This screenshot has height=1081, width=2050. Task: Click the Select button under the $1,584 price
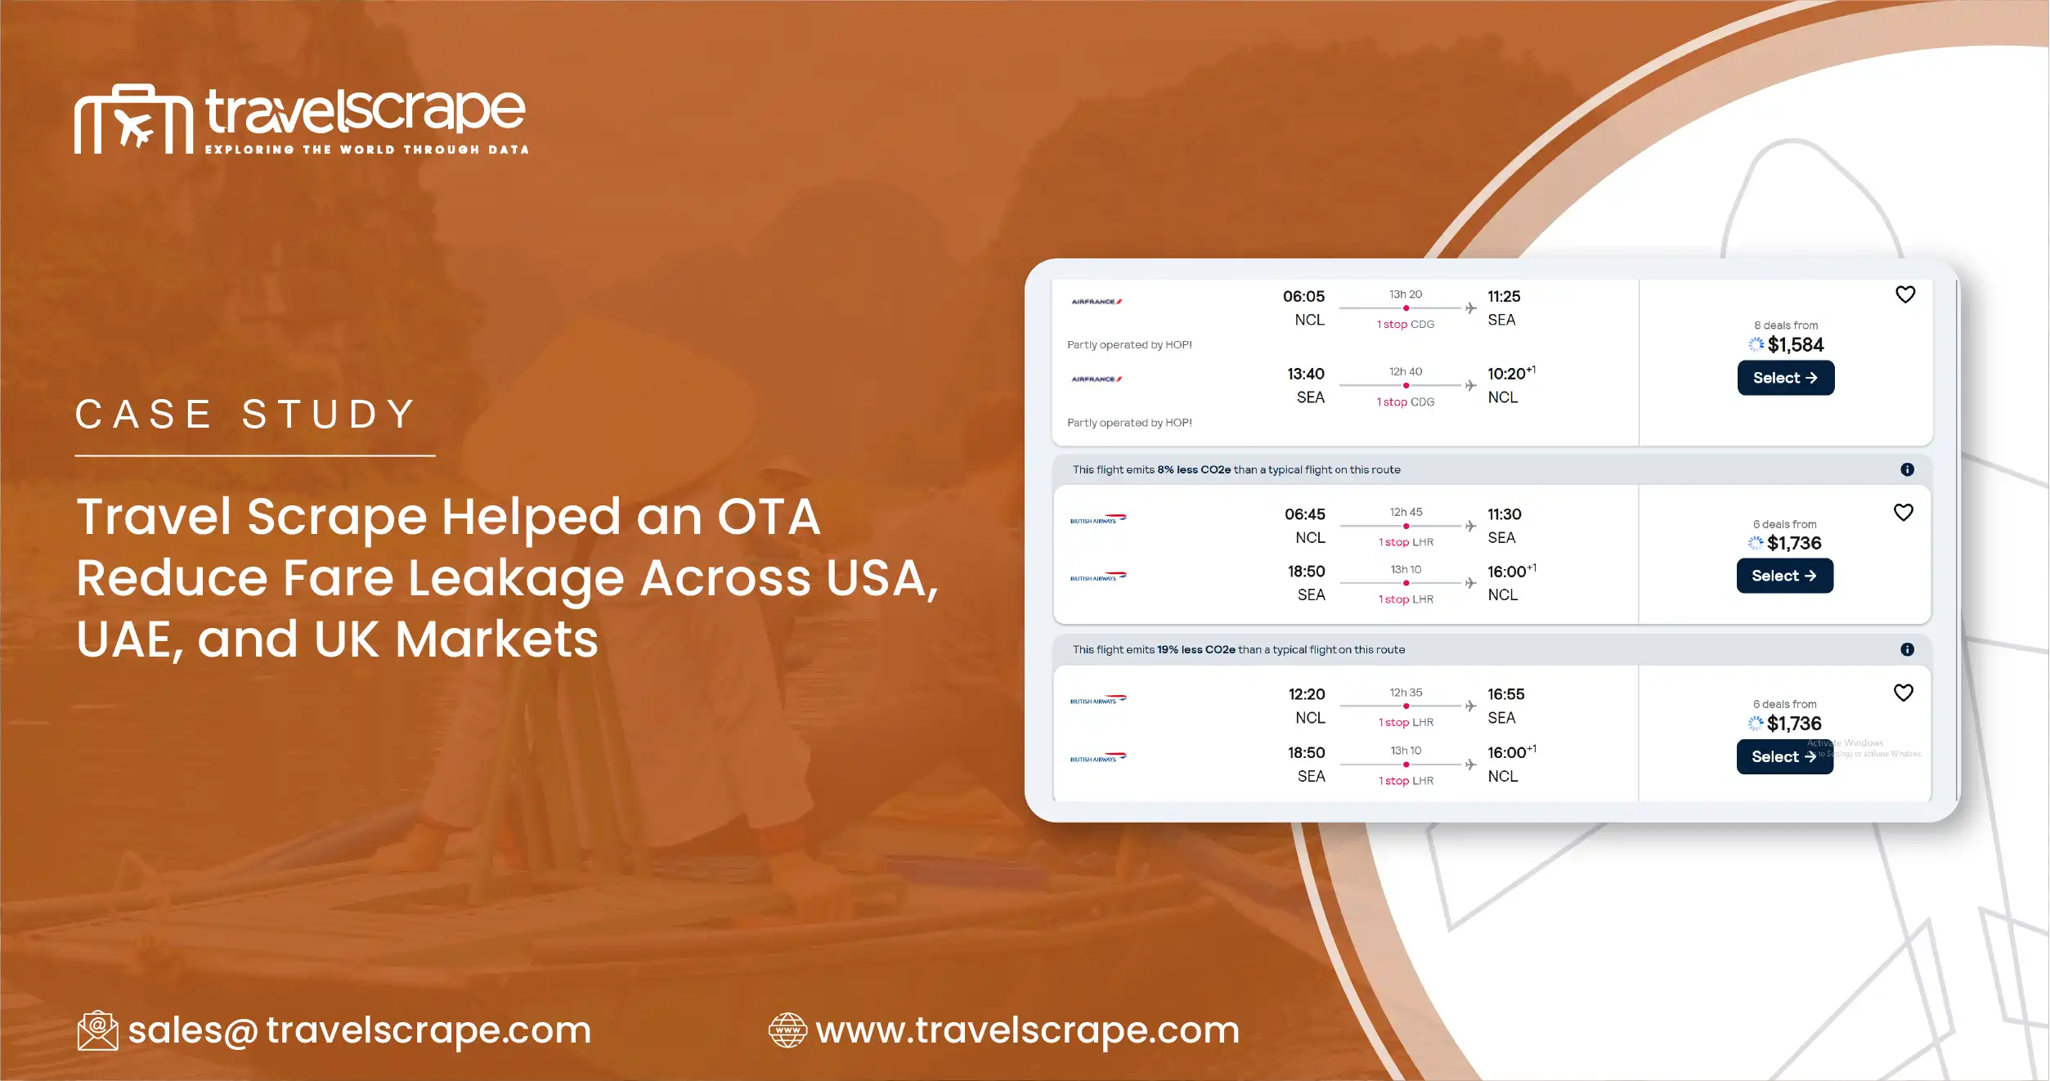tap(1785, 378)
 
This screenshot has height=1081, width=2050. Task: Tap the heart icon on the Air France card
tap(1904, 294)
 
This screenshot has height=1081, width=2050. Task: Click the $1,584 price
tap(1795, 345)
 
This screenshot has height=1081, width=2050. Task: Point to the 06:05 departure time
tap(1303, 297)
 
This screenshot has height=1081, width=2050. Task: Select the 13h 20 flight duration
tap(1405, 294)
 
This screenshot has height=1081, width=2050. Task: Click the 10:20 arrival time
tap(1506, 375)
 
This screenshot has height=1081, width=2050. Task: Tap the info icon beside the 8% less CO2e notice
tap(1906, 469)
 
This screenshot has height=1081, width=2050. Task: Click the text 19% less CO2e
tap(1195, 650)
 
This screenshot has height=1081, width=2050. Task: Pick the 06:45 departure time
tap(1304, 514)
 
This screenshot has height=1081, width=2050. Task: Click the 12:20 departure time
tap(1306, 694)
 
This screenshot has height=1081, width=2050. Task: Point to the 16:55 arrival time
tap(1505, 694)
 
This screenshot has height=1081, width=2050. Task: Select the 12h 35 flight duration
tap(1406, 693)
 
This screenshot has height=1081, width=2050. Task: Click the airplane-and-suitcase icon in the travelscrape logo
tap(133, 120)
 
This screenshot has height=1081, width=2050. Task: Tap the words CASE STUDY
tap(245, 415)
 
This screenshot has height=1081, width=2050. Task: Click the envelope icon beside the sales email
tap(97, 1030)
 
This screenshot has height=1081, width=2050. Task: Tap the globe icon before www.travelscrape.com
tap(787, 1030)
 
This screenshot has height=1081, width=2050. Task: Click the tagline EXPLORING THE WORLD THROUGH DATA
tap(366, 150)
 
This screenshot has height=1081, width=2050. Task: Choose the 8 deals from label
tap(1785, 325)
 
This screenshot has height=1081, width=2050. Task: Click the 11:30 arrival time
tap(1504, 514)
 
